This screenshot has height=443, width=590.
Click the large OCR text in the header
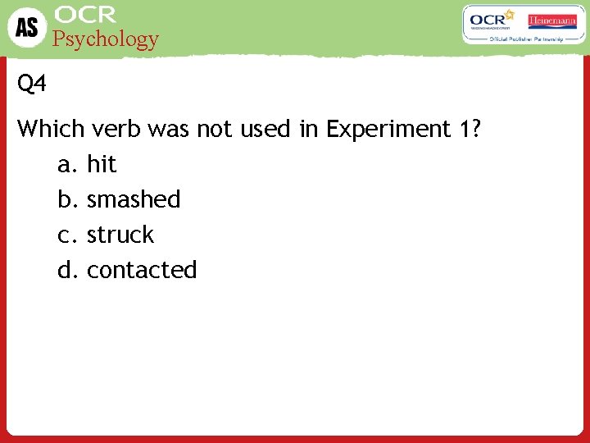tap(85, 15)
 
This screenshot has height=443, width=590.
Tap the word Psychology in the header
tap(106, 39)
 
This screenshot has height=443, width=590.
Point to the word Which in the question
tap(51, 129)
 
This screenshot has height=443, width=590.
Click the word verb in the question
tap(113, 129)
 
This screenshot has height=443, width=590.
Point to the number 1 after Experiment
tap(465, 129)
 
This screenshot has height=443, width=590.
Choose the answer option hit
tap(102, 165)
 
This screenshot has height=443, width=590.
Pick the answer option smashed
tap(134, 199)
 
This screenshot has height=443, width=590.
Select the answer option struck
tap(120, 235)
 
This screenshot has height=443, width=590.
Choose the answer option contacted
tap(142, 270)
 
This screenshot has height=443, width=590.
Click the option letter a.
tap(66, 166)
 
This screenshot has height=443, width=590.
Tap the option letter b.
tap(66, 199)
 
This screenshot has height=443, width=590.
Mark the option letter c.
tap(66, 235)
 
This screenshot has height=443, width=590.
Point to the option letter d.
tap(66, 270)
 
